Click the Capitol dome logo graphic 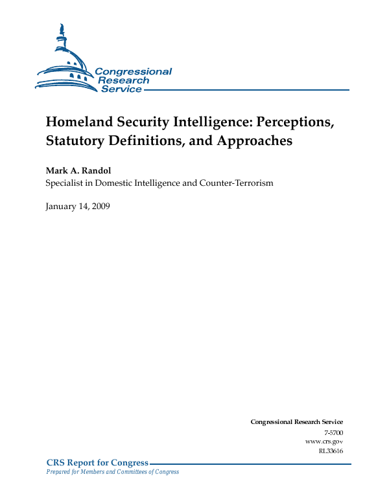coord(65,61)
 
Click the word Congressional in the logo coord(133,72)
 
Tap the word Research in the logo coord(123,80)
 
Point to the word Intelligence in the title coord(207,122)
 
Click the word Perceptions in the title coord(286,122)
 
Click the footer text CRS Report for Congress coord(97,462)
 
